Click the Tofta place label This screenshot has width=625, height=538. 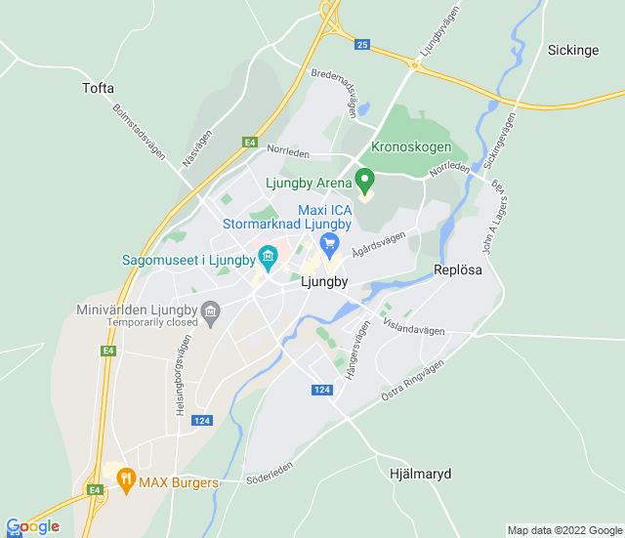tap(98, 88)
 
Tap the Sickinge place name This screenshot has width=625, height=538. tap(572, 50)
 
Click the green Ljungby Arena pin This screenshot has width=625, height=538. tap(364, 181)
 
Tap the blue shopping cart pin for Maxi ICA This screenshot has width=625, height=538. tap(329, 243)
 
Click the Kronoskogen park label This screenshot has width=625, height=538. tap(411, 146)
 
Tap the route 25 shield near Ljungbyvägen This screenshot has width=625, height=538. tap(362, 45)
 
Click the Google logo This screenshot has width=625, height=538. tap(32, 526)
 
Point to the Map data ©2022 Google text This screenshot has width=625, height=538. tap(563, 530)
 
